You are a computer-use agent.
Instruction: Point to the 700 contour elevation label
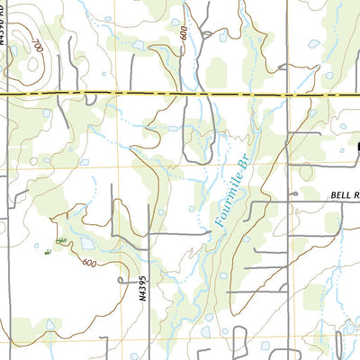coord(36,42)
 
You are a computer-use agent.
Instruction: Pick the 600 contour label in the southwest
coord(88,262)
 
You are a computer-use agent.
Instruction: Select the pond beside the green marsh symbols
coord(88,243)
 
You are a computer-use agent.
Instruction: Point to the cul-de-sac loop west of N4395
coord(122,281)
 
